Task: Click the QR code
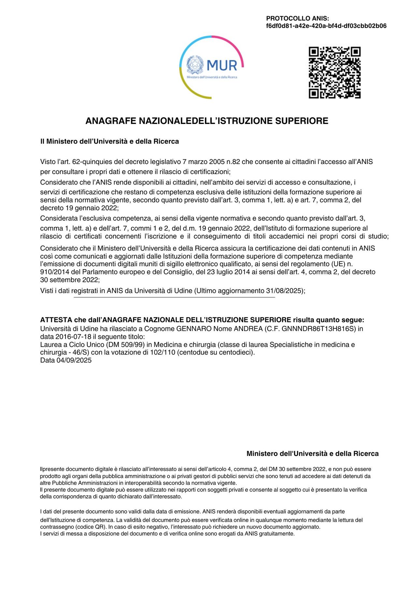click(335, 73)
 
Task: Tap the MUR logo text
click(222, 65)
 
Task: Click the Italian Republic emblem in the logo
click(195, 64)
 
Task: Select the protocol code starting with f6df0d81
click(326, 26)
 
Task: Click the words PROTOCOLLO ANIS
click(297, 19)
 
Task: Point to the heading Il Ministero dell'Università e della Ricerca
click(109, 142)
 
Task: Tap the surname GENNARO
click(194, 329)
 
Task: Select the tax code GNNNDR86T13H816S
click(319, 329)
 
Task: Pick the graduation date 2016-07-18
click(73, 336)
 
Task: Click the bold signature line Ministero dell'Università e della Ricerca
click(312, 454)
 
